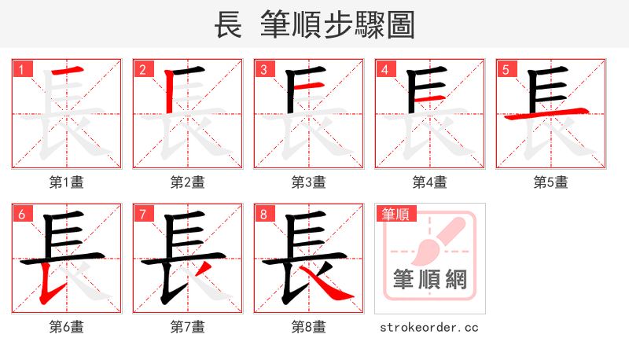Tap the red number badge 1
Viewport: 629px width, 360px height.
point(21,69)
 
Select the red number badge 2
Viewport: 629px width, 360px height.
point(142,69)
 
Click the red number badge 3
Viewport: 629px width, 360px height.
point(263,69)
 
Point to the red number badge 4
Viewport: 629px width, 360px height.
point(384,69)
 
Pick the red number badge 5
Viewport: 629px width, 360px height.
point(506,69)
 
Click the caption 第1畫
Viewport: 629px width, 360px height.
point(66,182)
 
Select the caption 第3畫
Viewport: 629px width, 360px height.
point(308,182)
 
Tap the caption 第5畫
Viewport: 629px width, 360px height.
point(550,182)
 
